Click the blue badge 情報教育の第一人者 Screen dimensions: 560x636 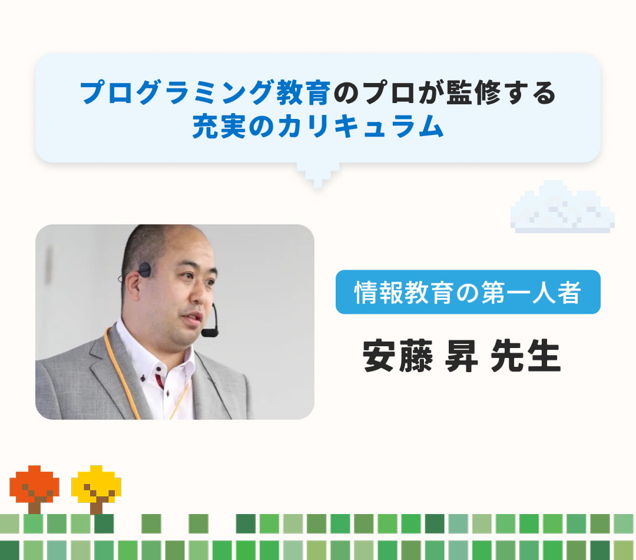pos(468,292)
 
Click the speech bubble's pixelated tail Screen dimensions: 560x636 pos(318,174)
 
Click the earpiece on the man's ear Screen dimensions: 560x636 pos(144,270)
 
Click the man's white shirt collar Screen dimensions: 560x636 pos(138,344)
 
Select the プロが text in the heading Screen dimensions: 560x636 pos(396,92)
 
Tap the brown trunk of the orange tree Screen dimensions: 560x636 pos(34,506)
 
